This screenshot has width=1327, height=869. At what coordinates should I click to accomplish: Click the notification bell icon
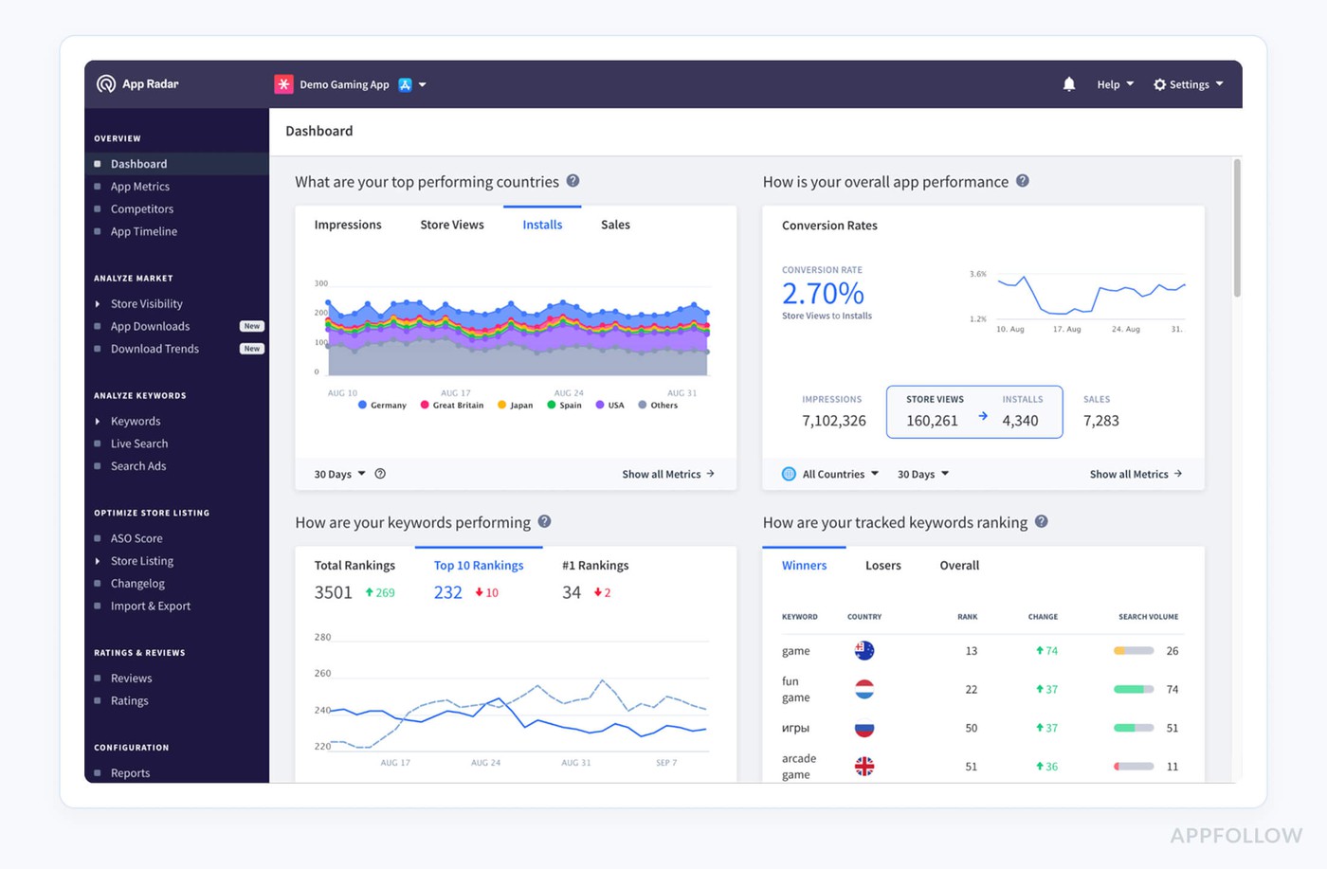click(1068, 84)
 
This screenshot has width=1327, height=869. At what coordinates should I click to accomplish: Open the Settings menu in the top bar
click(1188, 84)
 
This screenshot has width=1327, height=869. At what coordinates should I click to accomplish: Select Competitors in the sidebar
click(141, 209)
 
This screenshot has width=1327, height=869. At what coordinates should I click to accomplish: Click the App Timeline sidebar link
click(143, 232)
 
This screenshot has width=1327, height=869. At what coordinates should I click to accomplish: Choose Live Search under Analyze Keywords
click(138, 444)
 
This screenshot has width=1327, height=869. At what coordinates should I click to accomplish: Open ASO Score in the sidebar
click(136, 538)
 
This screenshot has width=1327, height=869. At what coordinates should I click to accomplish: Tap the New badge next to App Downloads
click(251, 326)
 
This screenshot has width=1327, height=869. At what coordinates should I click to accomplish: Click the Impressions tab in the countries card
click(348, 226)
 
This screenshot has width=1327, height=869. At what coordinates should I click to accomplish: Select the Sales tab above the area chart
click(615, 226)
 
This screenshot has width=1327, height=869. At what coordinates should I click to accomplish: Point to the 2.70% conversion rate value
click(822, 294)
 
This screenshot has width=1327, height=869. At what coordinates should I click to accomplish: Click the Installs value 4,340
click(1020, 421)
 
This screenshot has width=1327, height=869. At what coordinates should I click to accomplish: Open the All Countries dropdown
click(831, 474)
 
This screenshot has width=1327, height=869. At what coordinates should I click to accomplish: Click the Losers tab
click(882, 566)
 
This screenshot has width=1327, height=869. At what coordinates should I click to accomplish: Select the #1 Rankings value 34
click(571, 592)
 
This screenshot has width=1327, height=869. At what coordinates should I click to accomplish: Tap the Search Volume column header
click(1148, 617)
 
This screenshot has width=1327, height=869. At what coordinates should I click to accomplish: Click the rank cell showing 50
click(971, 729)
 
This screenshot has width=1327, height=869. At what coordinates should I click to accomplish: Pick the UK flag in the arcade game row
click(863, 767)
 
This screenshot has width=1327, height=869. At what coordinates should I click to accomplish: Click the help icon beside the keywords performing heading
click(544, 522)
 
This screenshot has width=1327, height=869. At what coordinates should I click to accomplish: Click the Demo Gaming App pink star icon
click(283, 84)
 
